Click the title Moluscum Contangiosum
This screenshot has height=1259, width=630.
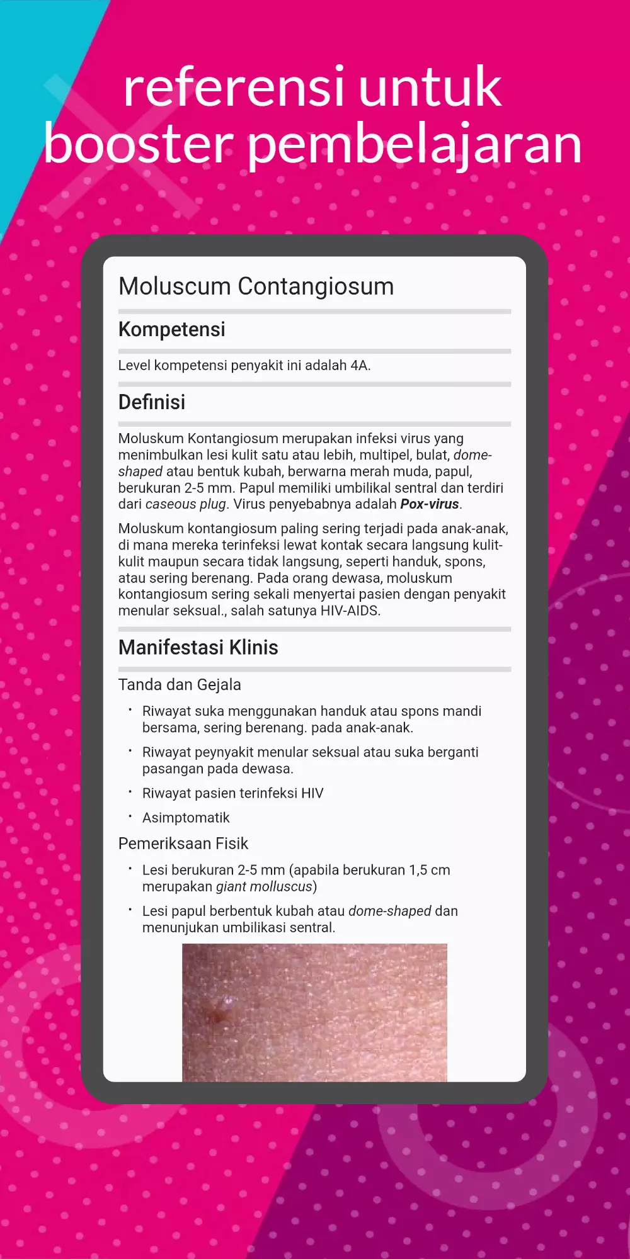pos(256,286)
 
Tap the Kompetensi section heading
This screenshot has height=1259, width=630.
pos(171,329)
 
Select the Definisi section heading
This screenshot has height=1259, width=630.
pos(152,402)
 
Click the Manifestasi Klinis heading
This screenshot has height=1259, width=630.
pos(198,648)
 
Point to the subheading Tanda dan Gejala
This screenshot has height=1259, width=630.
pos(180,685)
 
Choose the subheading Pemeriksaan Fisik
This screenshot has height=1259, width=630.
pos(183,844)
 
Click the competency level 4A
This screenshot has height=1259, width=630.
pos(359,366)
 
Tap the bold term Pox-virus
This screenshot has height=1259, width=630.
pos(430,504)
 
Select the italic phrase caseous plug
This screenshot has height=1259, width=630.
pos(185,504)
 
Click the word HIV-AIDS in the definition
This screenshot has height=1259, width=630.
pos(350,611)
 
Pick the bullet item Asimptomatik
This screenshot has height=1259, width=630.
pos(186,818)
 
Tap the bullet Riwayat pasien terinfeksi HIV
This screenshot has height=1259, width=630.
pos(232,793)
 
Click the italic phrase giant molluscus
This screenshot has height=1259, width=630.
pos(264,887)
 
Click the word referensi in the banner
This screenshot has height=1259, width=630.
pos(234,88)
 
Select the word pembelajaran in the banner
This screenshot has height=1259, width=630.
pos(413,145)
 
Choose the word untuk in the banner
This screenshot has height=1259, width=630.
pos(430,88)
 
